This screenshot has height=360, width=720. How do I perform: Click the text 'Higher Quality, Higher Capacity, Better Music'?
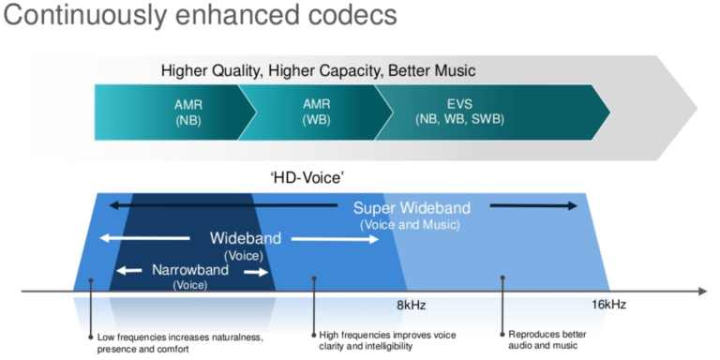coord(319,70)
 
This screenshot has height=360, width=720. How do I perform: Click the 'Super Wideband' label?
coord(412,207)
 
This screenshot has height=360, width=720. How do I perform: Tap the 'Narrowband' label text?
coord(190,270)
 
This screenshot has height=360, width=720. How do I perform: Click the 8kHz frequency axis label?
coord(412,305)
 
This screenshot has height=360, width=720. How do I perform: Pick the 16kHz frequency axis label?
coord(608,305)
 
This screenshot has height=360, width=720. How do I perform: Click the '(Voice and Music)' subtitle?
coord(410,225)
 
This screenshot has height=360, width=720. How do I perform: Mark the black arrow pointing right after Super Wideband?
coord(533,205)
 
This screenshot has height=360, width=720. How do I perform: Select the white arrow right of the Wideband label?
coord(334,239)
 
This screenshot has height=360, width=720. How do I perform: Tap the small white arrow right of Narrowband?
coord(256,272)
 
